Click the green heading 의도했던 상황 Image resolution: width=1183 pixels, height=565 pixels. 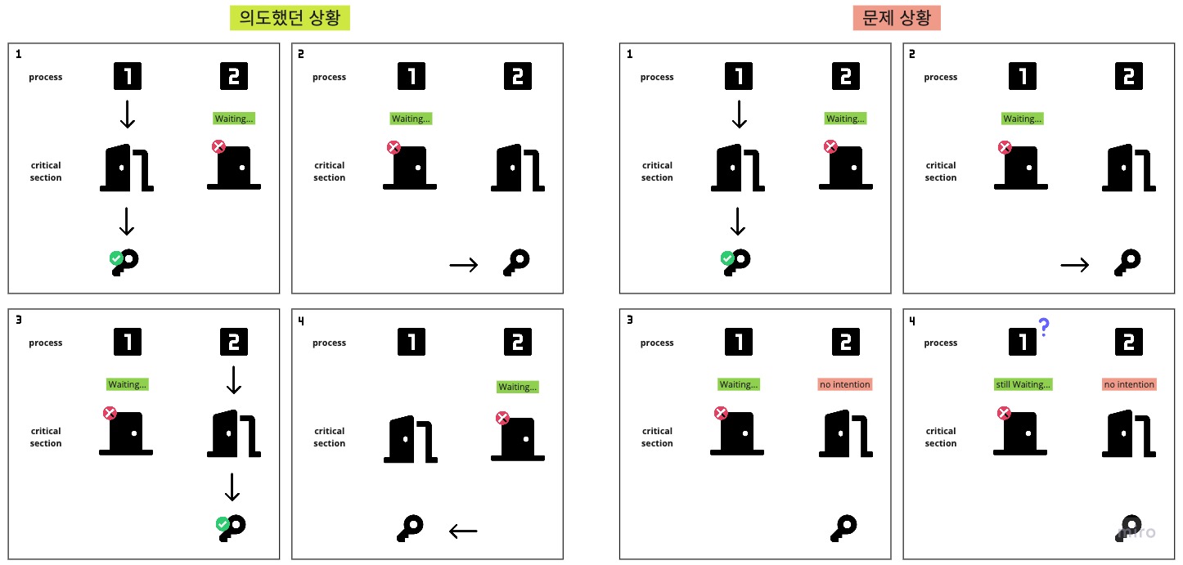(x=290, y=17)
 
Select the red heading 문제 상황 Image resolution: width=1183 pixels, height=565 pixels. (x=897, y=17)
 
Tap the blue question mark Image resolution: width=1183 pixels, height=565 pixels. (x=1044, y=327)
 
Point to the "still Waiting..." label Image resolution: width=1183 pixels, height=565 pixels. (x=1023, y=384)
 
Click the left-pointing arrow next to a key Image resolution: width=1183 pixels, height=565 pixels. (x=463, y=531)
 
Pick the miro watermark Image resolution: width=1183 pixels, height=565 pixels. (x=1137, y=532)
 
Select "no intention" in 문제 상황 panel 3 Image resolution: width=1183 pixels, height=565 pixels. (x=845, y=384)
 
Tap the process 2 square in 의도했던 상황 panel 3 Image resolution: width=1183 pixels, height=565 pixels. (x=233, y=343)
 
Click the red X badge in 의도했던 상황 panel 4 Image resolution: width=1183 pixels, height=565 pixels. (x=503, y=419)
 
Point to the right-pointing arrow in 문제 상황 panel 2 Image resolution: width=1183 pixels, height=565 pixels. (x=1074, y=264)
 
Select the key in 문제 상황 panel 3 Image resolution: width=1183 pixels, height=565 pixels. (x=843, y=527)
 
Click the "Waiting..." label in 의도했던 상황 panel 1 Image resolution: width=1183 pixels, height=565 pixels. (x=234, y=119)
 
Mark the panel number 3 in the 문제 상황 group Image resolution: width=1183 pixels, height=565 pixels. (x=630, y=321)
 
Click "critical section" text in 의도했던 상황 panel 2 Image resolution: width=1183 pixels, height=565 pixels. (x=329, y=171)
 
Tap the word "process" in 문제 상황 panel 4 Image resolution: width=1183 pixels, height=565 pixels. (x=941, y=343)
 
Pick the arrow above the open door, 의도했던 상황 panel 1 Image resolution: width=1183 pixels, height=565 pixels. (x=127, y=114)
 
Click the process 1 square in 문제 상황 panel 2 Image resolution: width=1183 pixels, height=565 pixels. (x=1023, y=77)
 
